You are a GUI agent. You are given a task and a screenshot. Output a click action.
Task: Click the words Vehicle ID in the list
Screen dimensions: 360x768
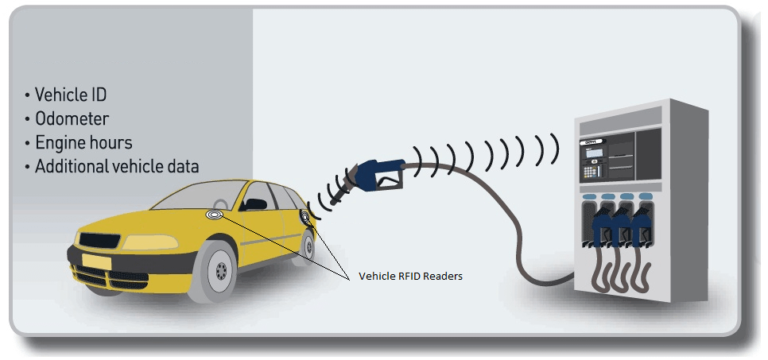[x=71, y=95]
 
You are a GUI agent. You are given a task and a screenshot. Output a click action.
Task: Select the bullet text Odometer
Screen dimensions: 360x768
[x=72, y=119]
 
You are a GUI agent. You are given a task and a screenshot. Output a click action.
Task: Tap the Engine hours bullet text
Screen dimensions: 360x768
[x=83, y=143]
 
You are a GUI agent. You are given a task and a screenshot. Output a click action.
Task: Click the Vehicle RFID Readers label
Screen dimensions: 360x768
[x=410, y=276]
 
